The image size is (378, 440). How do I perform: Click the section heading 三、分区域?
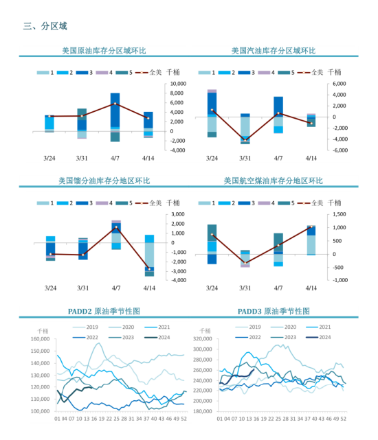[45, 27]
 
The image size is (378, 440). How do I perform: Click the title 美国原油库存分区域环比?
[104, 51]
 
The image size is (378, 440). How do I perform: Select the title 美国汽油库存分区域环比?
[273, 51]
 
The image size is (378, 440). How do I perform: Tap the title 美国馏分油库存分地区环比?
[104, 181]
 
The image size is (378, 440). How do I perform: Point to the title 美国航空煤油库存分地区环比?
[273, 181]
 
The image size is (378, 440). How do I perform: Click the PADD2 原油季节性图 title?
[104, 311]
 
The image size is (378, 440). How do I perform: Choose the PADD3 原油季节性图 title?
[273, 311]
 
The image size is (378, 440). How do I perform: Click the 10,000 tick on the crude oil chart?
[178, 84]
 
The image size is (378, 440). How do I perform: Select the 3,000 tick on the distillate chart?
[177, 214]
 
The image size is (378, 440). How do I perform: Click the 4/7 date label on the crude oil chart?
[115, 158]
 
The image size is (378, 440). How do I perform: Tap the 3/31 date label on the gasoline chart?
[245, 158]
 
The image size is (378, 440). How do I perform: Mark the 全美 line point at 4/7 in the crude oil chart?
[115, 104]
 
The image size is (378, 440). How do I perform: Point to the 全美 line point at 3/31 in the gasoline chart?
[245, 139]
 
